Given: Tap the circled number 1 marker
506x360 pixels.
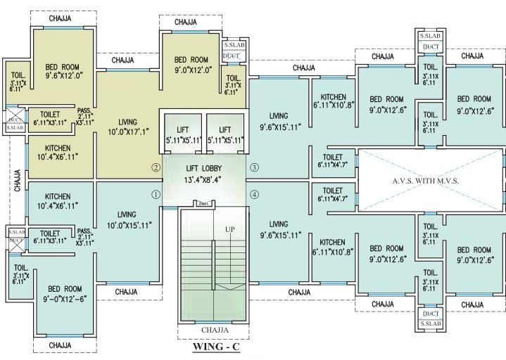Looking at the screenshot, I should [156, 195].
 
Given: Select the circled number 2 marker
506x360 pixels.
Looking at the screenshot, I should [156, 167].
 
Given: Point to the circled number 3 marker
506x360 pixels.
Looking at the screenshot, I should [254, 167].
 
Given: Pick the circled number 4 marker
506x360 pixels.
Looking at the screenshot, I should [254, 195].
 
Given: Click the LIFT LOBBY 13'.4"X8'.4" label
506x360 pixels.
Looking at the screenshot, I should [205, 174].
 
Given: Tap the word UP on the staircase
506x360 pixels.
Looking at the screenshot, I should [229, 230].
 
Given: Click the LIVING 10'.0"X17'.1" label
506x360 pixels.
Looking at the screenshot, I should [127, 127].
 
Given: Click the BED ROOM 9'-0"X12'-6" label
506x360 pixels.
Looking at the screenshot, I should [64, 293].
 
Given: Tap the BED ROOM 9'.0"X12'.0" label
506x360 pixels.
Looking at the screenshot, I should [191, 65].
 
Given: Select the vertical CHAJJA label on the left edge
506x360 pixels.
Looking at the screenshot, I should [16, 179].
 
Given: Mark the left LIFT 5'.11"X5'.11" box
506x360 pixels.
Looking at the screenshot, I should [183, 135].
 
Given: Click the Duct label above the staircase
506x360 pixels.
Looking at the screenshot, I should [205, 204].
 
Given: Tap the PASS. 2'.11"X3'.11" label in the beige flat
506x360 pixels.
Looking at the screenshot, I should [85, 115].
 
